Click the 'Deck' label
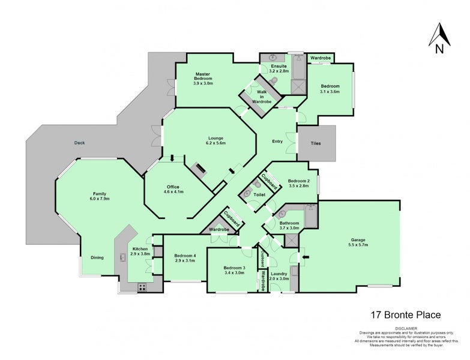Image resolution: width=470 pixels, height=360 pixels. [x=79, y=143]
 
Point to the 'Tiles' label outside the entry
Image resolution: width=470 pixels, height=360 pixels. [x=316, y=143]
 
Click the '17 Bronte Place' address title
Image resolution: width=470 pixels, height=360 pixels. [x=405, y=314]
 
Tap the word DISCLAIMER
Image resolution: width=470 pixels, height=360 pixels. [x=406, y=328]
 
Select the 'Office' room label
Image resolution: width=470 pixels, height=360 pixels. [x=173, y=187]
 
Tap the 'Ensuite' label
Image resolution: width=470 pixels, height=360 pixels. [x=279, y=65]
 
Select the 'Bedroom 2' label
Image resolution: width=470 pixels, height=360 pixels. [x=298, y=181]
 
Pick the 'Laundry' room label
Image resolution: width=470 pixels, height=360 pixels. [x=280, y=273]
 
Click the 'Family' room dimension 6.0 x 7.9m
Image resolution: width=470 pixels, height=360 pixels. [x=100, y=199]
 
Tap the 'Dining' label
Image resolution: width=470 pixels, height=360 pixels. [x=97, y=257]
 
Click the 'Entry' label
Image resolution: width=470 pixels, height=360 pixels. [x=277, y=142]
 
